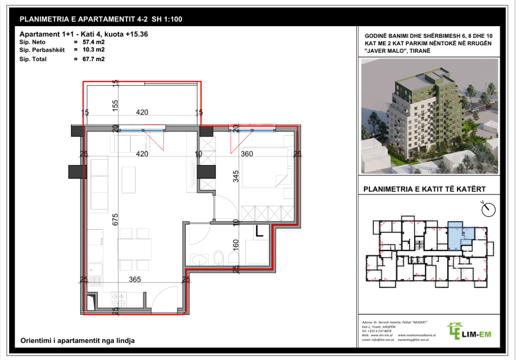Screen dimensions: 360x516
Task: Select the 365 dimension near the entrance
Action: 134,279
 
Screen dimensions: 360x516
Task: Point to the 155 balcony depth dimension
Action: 115,105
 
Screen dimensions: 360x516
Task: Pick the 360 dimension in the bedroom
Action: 247,154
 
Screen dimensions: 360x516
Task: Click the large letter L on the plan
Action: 260,232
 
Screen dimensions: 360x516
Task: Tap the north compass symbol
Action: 487,207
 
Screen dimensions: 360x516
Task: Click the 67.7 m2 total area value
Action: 94,59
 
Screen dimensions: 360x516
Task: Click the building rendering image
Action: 429,116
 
